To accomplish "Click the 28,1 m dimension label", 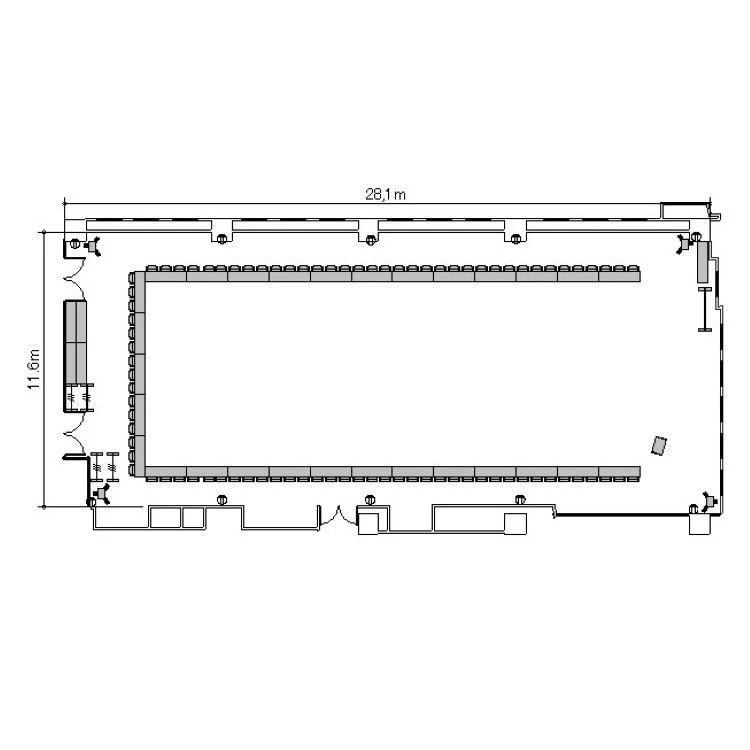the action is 386,194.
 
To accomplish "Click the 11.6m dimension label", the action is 33,369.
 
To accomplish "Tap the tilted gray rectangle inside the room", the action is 660,446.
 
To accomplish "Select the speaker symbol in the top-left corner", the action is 92,246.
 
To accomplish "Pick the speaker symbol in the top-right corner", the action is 684,244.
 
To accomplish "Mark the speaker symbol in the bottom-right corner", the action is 709,502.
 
